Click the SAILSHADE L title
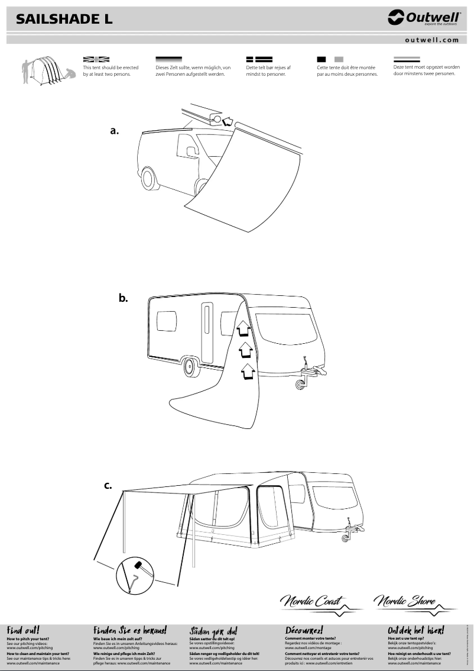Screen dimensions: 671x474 click(64, 20)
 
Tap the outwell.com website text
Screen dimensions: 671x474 click(432, 40)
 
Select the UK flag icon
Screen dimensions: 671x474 click(96, 59)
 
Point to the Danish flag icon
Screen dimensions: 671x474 click(258, 59)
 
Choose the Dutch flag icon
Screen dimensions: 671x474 click(407, 59)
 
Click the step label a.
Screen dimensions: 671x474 click(115, 131)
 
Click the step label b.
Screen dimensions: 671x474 click(124, 299)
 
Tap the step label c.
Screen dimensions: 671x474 click(108, 486)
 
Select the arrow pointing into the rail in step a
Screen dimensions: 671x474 click(226, 122)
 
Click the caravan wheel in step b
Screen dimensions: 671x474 click(191, 366)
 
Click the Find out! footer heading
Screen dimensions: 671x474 click(24, 631)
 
